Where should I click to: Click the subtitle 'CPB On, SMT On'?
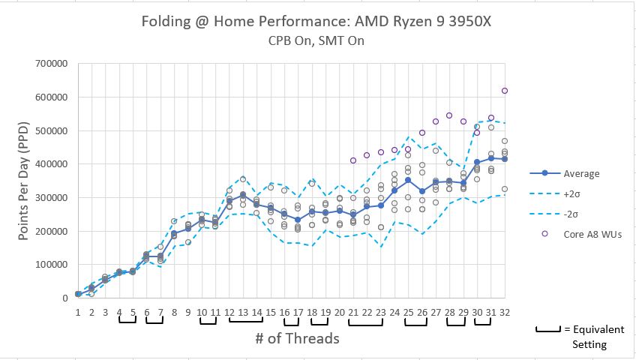(318, 40)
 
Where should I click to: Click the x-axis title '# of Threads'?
(297, 338)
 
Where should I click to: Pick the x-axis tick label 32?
(505, 311)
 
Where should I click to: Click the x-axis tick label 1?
(78, 311)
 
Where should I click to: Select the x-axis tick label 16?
(284, 311)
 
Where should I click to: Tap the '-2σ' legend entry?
(572, 214)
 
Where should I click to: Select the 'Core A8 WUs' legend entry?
(592, 234)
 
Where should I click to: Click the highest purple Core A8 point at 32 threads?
(505, 91)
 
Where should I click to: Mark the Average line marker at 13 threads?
(243, 195)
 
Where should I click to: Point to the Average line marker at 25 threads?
(408, 180)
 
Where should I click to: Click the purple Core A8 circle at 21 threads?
(353, 160)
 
